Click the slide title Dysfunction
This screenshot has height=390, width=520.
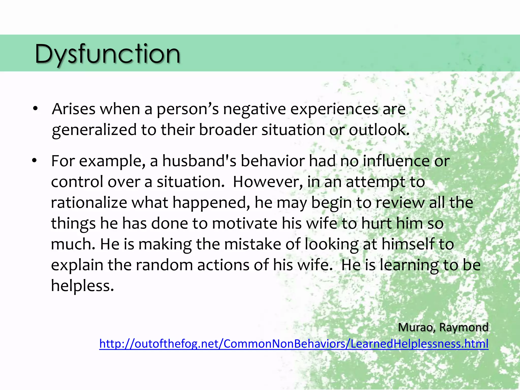pyautogui.click(x=107, y=54)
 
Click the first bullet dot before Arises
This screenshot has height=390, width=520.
pyautogui.click(x=35, y=109)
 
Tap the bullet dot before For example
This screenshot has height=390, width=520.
pyautogui.click(x=35, y=160)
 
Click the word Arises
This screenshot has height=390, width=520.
pyautogui.click(x=73, y=109)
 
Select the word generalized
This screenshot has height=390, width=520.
pyautogui.click(x=94, y=130)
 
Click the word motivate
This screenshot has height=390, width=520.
pyautogui.click(x=245, y=223)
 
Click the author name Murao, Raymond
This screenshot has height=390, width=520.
pyautogui.click(x=443, y=327)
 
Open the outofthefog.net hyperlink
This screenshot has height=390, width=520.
pyautogui.click(x=294, y=344)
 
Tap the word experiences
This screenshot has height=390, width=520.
pyautogui.click(x=334, y=109)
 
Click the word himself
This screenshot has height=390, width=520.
pyautogui.click(x=408, y=244)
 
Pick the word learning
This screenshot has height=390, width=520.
pyautogui.click(x=409, y=265)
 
